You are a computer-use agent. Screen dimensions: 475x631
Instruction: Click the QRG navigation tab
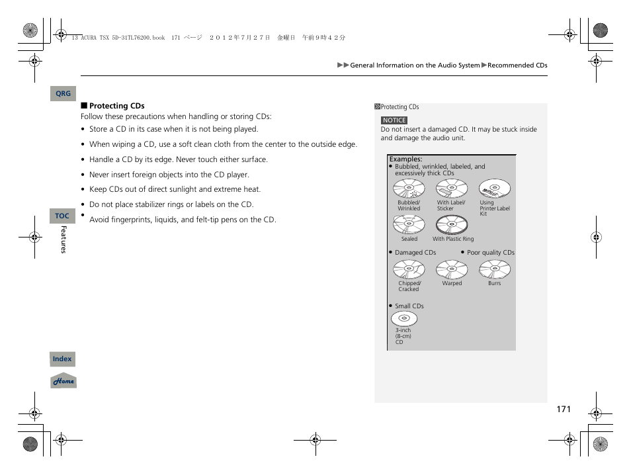tap(63, 94)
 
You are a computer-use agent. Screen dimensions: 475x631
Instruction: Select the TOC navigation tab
tap(62, 216)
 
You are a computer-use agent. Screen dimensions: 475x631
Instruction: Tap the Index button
tap(62, 359)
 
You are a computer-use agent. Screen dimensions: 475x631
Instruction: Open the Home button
tap(63, 381)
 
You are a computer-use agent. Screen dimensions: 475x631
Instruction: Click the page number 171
tap(563, 410)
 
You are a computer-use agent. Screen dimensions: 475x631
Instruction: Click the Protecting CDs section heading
tap(116, 106)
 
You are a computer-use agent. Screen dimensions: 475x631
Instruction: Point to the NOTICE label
tap(394, 120)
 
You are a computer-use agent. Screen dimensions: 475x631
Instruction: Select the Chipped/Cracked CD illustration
tap(409, 269)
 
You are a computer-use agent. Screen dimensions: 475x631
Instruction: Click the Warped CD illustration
tap(452, 269)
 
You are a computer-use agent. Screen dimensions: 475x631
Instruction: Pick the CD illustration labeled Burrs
tap(495, 269)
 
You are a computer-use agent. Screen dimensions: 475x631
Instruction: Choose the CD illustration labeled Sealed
tap(409, 225)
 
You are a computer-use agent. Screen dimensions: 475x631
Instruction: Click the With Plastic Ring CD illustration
tap(452, 225)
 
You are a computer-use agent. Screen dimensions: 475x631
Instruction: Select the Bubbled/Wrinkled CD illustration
tap(409, 189)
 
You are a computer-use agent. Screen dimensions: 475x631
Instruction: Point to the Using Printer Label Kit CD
tap(495, 189)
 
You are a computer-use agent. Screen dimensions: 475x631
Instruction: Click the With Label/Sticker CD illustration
tap(452, 189)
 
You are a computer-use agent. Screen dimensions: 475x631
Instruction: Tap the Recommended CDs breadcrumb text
tap(517, 65)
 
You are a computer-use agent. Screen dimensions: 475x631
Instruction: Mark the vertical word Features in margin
tap(64, 239)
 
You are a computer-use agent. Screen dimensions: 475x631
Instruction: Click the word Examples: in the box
tap(405, 159)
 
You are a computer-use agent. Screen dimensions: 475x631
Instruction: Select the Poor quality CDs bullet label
tap(490, 253)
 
